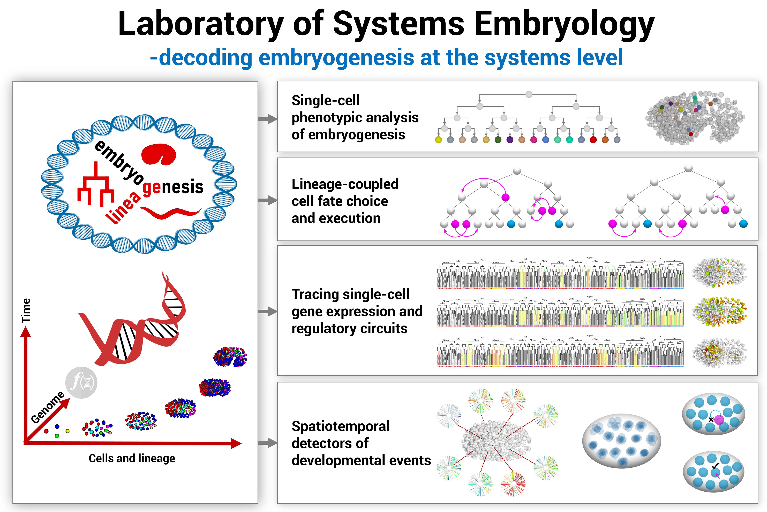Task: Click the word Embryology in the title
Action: click(x=564, y=24)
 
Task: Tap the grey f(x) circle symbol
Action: click(x=81, y=382)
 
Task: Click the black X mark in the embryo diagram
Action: click(x=711, y=420)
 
